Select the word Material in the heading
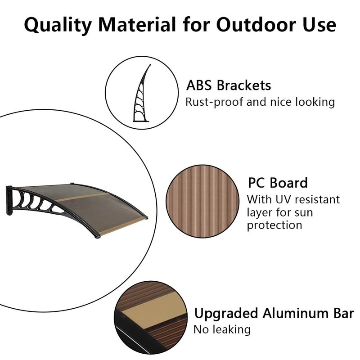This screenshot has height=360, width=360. point(137,24)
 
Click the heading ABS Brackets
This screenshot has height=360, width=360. point(229,85)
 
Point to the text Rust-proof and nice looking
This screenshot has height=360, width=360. point(260,102)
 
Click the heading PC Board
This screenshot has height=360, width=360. point(278,183)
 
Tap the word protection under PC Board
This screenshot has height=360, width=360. point(274,225)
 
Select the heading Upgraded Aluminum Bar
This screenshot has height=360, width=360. point(274,313)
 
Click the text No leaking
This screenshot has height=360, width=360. point(222,330)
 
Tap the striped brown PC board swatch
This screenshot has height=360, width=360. point(202,201)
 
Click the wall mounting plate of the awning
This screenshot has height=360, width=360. point(9,200)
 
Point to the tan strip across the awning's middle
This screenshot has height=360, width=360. point(81,197)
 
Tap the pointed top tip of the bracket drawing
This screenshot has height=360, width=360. point(150,65)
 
